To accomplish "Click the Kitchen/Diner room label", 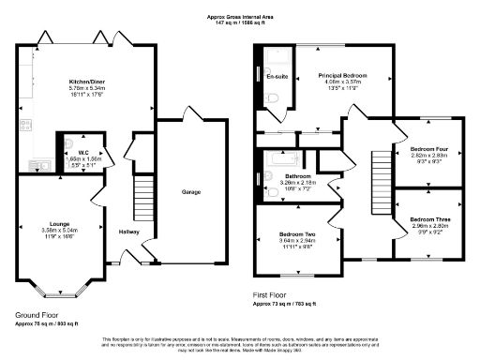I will (x=85, y=82).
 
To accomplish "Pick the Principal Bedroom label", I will (x=341, y=75).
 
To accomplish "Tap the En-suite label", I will (x=276, y=75).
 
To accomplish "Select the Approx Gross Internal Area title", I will (x=239, y=17).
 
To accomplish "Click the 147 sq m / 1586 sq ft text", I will (x=239, y=23).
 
